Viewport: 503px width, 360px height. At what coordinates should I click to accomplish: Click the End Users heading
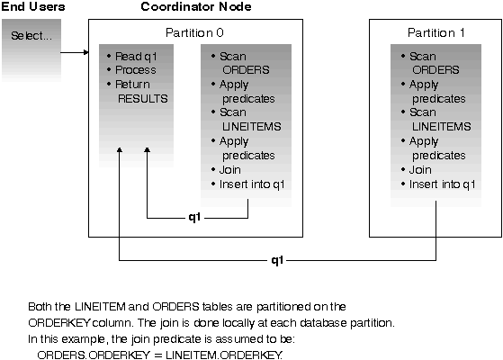pyautogui.click(x=33, y=6)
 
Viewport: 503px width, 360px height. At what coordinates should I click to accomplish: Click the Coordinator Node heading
pyautogui.click(x=196, y=6)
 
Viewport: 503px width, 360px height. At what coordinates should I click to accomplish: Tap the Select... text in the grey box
pyautogui.click(x=31, y=36)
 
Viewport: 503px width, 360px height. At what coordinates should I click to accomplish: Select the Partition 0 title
pyautogui.click(x=194, y=32)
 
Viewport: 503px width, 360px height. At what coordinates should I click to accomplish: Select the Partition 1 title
pyautogui.click(x=436, y=32)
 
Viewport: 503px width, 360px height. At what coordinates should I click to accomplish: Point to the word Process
pyautogui.click(x=136, y=70)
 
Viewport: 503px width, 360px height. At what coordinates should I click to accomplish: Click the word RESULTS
pyautogui.click(x=143, y=98)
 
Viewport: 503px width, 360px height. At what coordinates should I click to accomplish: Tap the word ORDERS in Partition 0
pyautogui.click(x=246, y=70)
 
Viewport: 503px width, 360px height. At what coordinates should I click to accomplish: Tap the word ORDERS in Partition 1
pyautogui.click(x=436, y=70)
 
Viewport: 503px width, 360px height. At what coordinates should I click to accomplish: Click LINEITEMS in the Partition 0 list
pyautogui.click(x=252, y=127)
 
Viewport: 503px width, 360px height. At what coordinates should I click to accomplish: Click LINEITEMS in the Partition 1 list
pyautogui.click(x=442, y=127)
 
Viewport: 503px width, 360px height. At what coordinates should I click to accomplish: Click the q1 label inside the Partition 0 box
pyautogui.click(x=194, y=218)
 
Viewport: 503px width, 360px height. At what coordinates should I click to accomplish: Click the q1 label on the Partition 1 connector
pyautogui.click(x=277, y=260)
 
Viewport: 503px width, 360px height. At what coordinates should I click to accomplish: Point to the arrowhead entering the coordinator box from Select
pyautogui.click(x=86, y=52)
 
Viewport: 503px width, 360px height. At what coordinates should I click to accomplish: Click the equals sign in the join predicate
pyautogui.click(x=158, y=355)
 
